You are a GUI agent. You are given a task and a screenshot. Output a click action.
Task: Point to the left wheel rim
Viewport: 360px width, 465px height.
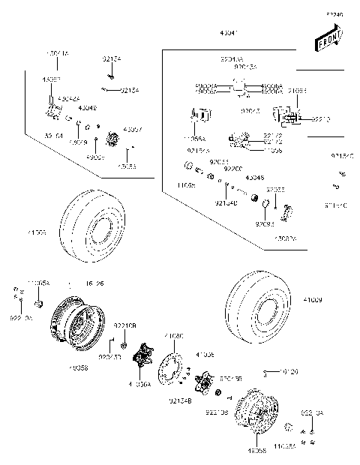(76, 322)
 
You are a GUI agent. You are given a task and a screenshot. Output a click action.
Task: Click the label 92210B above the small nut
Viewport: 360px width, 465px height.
(124, 325)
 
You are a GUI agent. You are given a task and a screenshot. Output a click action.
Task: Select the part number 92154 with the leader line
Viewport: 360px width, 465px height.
(110, 58)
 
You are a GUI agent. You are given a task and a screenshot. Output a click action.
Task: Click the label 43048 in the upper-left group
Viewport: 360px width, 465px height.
(87, 107)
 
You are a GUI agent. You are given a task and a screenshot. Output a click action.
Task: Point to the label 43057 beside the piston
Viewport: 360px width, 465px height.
(133, 129)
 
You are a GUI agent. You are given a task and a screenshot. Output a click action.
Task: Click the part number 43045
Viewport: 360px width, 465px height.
(254, 178)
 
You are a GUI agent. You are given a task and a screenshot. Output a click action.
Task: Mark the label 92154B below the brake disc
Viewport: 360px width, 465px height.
(181, 401)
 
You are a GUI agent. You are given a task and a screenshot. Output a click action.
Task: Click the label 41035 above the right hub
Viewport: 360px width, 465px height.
(205, 354)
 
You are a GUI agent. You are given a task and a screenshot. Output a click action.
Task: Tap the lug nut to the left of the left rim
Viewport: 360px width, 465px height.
(41, 303)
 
